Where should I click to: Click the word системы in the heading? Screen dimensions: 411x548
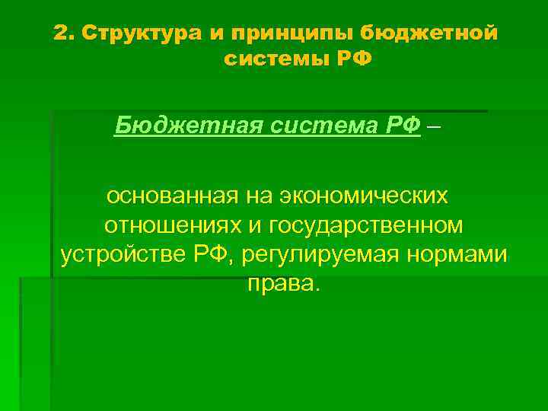pos(276,59)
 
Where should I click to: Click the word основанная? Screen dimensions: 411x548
pos(173,196)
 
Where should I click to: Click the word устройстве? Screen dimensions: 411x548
pos(121,254)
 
